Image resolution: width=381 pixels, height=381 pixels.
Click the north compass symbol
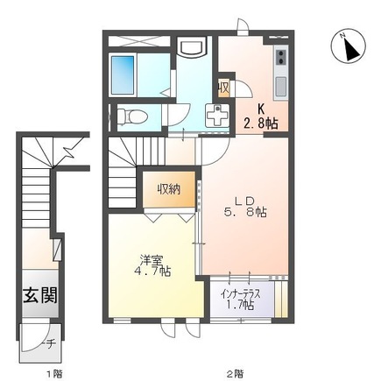click(345, 47)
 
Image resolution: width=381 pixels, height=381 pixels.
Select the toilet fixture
click(131, 115)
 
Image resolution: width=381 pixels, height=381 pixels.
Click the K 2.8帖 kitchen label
click(260, 116)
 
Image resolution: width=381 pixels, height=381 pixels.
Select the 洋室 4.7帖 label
click(152, 265)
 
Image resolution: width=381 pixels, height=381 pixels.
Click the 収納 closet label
click(170, 188)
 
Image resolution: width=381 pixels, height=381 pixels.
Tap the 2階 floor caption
click(235, 373)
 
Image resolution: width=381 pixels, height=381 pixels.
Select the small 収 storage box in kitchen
click(224, 87)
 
